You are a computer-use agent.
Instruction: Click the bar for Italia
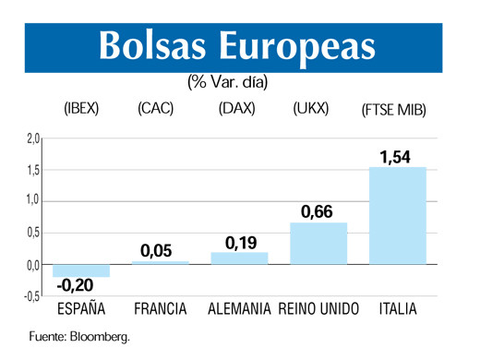[397, 215]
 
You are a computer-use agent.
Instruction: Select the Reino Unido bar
[318, 243]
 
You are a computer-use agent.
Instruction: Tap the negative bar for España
[81, 270]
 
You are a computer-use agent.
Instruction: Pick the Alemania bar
[239, 258]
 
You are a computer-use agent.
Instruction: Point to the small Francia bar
[160, 262]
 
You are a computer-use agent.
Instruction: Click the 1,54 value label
[395, 157]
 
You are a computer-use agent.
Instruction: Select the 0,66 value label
[317, 212]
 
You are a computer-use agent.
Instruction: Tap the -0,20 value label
[78, 287]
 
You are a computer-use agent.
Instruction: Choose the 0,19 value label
[241, 243]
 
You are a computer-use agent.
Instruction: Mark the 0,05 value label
[156, 250]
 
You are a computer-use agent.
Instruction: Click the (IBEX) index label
[81, 108]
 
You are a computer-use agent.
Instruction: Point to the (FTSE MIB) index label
[394, 110]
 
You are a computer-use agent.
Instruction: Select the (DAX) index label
[236, 108]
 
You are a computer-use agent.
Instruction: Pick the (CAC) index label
[155, 108]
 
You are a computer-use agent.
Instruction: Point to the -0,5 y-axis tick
[31, 296]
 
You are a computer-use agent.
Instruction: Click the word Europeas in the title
[298, 44]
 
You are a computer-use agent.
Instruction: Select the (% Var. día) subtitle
[228, 81]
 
